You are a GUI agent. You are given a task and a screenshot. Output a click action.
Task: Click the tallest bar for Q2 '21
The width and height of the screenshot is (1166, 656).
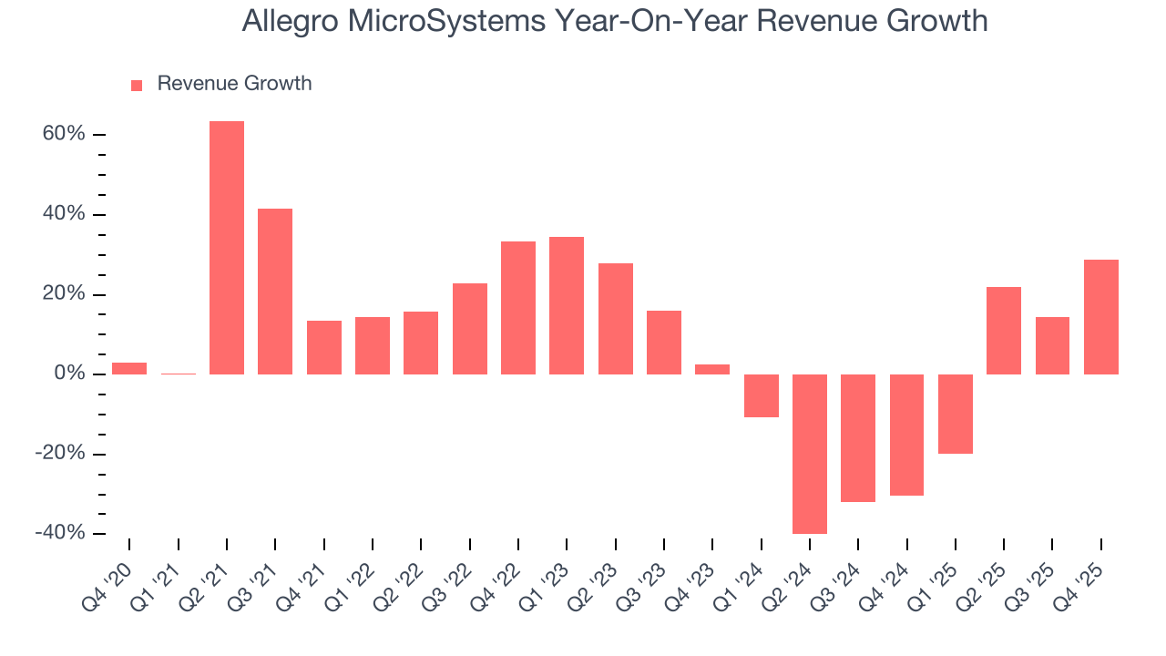[x=227, y=248]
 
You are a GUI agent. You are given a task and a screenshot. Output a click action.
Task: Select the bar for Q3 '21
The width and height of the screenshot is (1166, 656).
[x=275, y=292]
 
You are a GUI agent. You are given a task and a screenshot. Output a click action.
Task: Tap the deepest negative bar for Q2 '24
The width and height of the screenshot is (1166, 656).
[x=810, y=454]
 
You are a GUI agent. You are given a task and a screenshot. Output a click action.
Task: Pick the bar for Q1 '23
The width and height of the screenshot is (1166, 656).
[x=567, y=305]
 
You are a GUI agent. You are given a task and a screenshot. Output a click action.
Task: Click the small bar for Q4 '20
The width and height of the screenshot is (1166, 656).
[x=129, y=368]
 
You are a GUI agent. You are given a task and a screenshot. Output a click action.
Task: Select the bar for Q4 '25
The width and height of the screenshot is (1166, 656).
[x=1100, y=317]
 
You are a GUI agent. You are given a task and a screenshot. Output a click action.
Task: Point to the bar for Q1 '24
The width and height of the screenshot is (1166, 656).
[x=761, y=395]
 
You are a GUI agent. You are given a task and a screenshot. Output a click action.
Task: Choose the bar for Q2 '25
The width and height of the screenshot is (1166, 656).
[x=1003, y=331]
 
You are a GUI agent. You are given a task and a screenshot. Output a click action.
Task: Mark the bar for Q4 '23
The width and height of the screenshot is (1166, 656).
[x=712, y=369]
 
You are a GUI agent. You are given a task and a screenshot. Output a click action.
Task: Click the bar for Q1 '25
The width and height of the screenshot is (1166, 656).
[x=955, y=414]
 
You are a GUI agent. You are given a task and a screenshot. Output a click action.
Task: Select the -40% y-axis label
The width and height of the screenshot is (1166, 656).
[x=60, y=534]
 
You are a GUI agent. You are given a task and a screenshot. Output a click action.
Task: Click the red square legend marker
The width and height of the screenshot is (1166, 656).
[x=137, y=85]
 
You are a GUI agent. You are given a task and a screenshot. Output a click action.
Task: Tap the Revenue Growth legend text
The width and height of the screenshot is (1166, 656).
[x=234, y=84]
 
